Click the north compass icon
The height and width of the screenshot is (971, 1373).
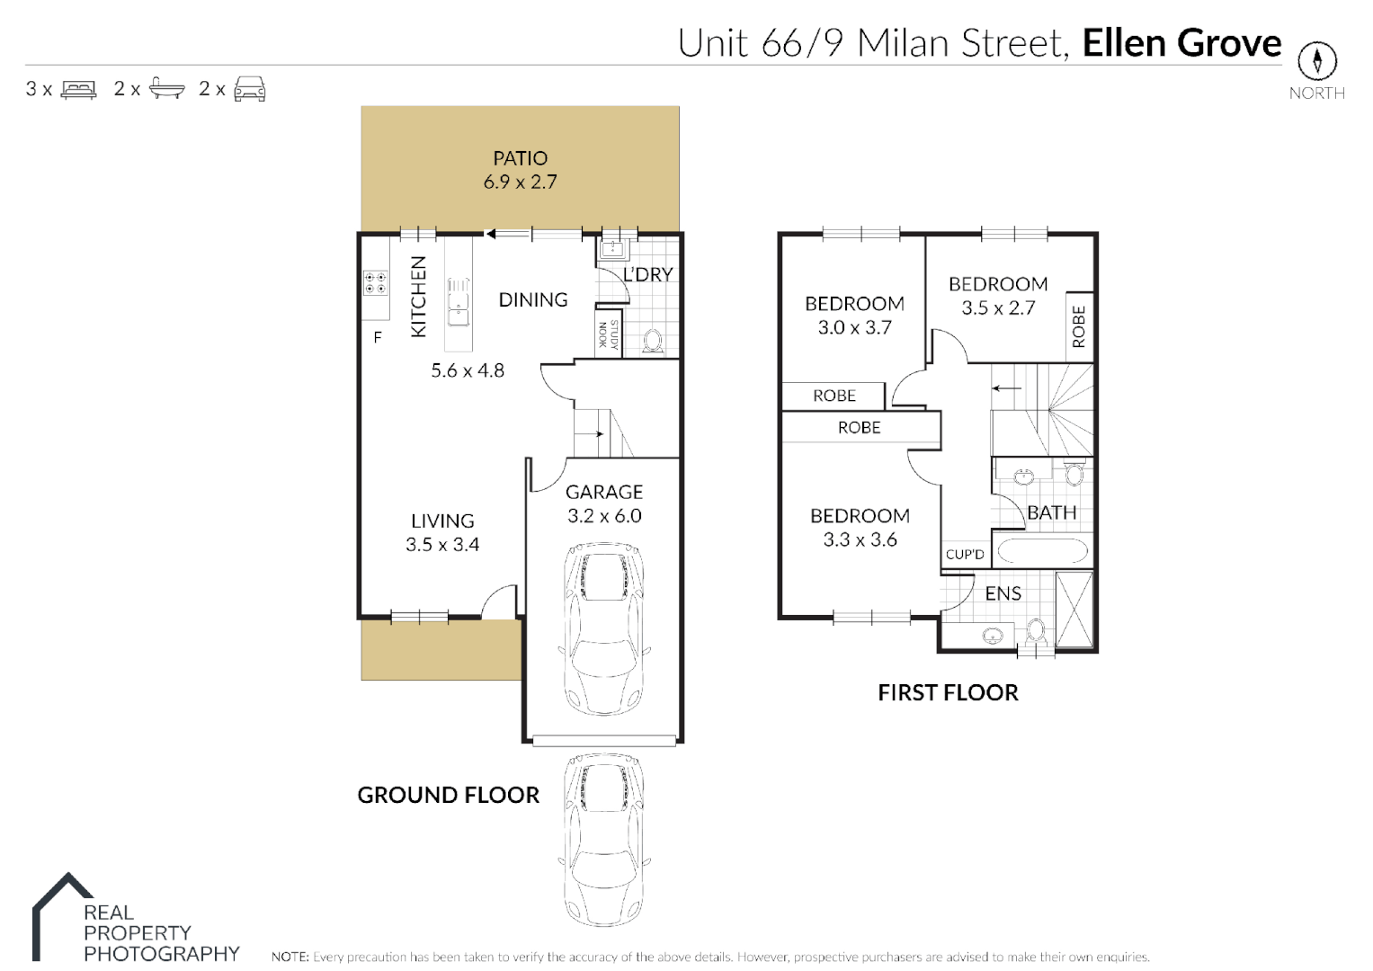(1316, 61)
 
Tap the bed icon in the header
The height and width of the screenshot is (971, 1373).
(78, 90)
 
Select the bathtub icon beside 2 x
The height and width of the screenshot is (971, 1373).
(166, 88)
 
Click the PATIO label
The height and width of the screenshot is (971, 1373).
(520, 158)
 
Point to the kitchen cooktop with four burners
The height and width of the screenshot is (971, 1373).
(375, 283)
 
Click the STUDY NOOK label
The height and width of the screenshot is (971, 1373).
(609, 334)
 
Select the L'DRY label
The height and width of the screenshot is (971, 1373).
(647, 274)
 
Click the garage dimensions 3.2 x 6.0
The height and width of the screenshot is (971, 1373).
(604, 516)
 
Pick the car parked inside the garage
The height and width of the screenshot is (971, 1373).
(603, 628)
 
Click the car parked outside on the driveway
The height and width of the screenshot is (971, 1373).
(603, 838)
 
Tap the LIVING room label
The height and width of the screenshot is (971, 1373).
(441, 521)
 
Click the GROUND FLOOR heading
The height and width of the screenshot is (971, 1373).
(448, 795)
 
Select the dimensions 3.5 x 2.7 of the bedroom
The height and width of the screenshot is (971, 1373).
(998, 307)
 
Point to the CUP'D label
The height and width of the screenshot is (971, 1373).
(965, 555)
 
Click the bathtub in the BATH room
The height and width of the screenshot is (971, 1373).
(1042, 550)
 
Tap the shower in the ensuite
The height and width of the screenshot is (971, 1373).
(1074, 610)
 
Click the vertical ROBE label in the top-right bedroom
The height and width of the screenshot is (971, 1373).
(1079, 326)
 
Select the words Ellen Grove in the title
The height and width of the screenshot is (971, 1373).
(1181, 43)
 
